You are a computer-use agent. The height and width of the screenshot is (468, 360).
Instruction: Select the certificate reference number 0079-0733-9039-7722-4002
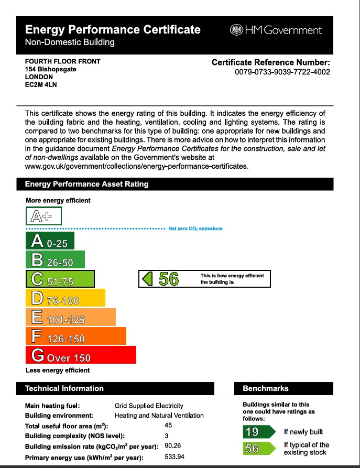(282, 72)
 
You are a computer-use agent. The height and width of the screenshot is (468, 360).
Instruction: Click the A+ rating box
(44, 216)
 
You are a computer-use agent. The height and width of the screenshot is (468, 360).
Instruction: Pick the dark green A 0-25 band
(50, 241)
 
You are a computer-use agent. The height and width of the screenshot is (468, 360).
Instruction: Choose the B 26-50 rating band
(55, 260)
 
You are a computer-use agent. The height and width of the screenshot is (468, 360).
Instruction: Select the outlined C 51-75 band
(60, 279)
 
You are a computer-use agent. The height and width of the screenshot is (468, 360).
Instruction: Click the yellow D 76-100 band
(66, 298)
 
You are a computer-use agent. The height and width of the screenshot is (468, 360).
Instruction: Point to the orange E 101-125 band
(71, 317)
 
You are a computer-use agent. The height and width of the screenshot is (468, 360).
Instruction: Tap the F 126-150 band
(76, 336)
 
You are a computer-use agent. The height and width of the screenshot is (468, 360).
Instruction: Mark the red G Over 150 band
(81, 355)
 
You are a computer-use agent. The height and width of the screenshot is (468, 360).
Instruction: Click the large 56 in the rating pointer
(169, 279)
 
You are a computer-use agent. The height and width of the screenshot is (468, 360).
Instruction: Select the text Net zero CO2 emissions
(195, 228)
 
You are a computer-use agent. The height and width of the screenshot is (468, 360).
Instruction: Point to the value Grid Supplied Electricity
(149, 406)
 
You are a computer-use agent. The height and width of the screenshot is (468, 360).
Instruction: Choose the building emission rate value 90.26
(172, 446)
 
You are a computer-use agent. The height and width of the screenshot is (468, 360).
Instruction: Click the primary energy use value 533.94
(174, 456)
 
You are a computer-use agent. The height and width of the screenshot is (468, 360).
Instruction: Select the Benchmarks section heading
(266, 388)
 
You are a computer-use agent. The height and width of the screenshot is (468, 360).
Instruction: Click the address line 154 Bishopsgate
(50, 69)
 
